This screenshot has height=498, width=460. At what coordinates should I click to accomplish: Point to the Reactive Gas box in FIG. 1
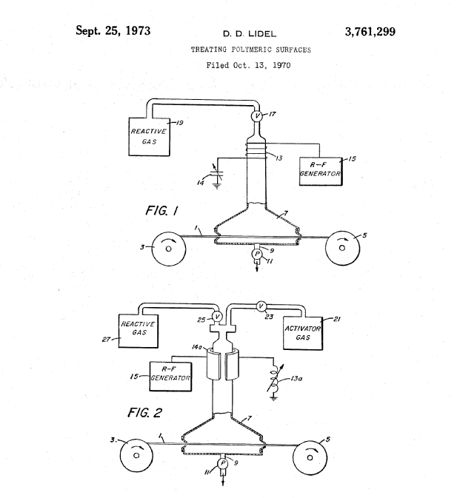pyautogui.click(x=148, y=135)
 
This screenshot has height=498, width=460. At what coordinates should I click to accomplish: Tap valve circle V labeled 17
pyautogui.click(x=258, y=117)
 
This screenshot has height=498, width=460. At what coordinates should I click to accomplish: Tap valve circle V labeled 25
pyautogui.click(x=217, y=317)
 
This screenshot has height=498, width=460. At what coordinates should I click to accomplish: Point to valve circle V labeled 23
pyautogui.click(x=261, y=306)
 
